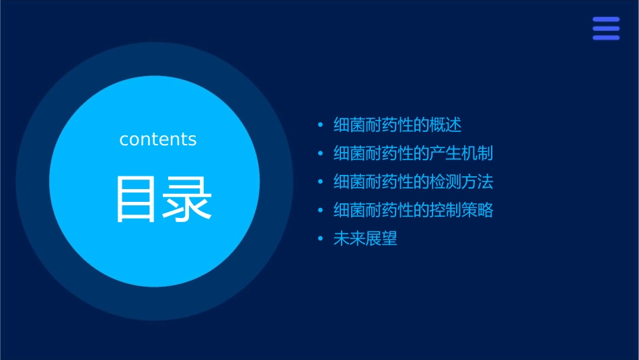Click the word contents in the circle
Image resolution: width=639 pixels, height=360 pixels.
pyautogui.click(x=158, y=139)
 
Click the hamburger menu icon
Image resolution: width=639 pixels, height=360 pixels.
pyautogui.click(x=606, y=29)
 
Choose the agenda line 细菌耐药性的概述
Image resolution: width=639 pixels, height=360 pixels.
pyautogui.click(x=398, y=124)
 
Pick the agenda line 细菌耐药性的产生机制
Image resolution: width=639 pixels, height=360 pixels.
pyautogui.click(x=413, y=153)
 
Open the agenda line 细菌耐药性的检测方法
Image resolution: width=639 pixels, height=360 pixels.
pyautogui.click(x=413, y=182)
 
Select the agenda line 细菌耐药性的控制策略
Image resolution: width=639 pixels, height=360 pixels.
pyautogui.click(x=413, y=211)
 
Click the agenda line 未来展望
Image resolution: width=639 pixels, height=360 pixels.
pyautogui.click(x=365, y=239)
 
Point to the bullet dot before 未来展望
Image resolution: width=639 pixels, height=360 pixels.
pyautogui.click(x=320, y=240)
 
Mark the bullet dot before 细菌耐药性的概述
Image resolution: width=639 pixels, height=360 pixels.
pyautogui.click(x=320, y=125)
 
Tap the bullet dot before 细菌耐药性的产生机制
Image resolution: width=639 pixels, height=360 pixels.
pyautogui.click(x=320, y=154)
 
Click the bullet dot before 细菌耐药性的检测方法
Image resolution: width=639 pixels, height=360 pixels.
pyautogui.click(x=320, y=182)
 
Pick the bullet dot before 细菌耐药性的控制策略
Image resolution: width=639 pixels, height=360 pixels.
pyautogui.click(x=320, y=211)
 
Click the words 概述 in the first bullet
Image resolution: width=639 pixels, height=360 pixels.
pyautogui.click(x=446, y=124)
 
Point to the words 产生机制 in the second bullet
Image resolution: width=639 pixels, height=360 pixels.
pyautogui.click(x=461, y=153)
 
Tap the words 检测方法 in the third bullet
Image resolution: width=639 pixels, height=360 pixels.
pyautogui.click(x=461, y=182)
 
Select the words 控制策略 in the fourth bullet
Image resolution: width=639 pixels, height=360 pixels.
pyautogui.click(x=461, y=211)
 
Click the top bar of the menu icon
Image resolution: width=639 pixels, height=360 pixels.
pyautogui.click(x=606, y=20)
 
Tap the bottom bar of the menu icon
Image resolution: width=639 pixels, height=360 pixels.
pyautogui.click(x=606, y=38)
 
